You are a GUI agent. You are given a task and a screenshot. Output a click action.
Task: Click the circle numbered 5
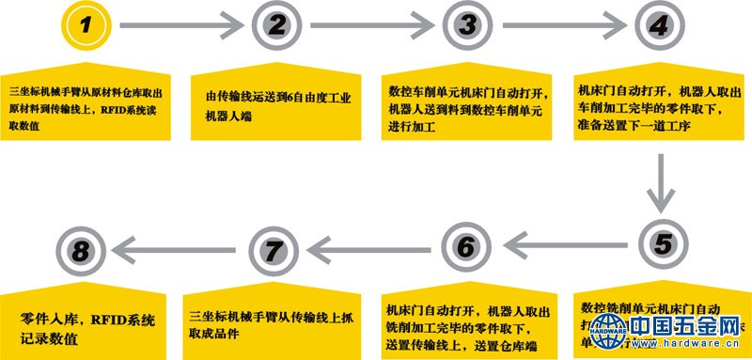pos(662,246)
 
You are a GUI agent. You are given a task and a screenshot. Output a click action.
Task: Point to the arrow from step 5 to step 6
pos(564,246)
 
